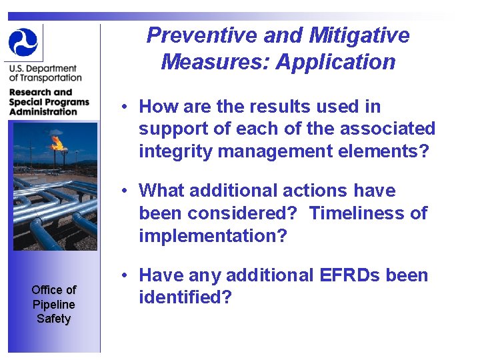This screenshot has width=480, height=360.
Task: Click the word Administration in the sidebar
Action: click(43, 111)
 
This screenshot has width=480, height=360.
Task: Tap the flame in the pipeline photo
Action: click(57, 141)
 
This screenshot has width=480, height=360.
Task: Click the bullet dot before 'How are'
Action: click(125, 107)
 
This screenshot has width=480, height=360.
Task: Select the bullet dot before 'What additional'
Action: click(125, 191)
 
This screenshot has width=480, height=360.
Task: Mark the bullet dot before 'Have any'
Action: click(125, 275)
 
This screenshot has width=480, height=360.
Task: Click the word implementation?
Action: click(213, 236)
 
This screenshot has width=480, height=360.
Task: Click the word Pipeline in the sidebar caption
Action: click(53, 304)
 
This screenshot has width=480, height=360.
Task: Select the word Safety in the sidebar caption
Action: click(53, 319)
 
